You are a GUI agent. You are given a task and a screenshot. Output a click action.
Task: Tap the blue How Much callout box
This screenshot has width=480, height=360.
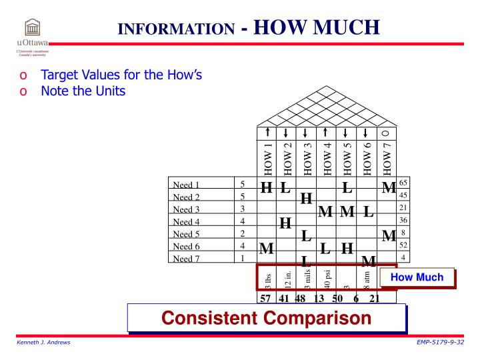coord(417,277)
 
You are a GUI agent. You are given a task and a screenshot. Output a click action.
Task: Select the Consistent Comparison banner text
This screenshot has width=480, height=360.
coord(267,318)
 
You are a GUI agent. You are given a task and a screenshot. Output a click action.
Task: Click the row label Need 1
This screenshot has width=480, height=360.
coord(187,185)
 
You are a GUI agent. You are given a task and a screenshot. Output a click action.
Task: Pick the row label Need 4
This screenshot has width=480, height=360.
coord(187,222)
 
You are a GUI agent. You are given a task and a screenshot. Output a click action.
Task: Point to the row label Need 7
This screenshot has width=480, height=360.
coord(187,259)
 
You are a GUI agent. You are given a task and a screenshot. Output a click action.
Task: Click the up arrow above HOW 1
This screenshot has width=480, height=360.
coord(267,133)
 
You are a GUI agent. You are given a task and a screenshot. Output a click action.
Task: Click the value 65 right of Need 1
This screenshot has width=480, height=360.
coord(403,182)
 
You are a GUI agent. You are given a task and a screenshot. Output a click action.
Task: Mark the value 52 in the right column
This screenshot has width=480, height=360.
coord(403,245)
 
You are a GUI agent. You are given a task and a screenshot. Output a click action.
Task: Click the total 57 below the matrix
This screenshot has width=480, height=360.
coord(266,298)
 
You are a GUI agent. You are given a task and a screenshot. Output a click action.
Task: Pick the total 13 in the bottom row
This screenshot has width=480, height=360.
coord(319,298)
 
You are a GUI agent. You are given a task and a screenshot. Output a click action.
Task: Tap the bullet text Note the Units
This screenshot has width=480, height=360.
coord(83,91)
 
